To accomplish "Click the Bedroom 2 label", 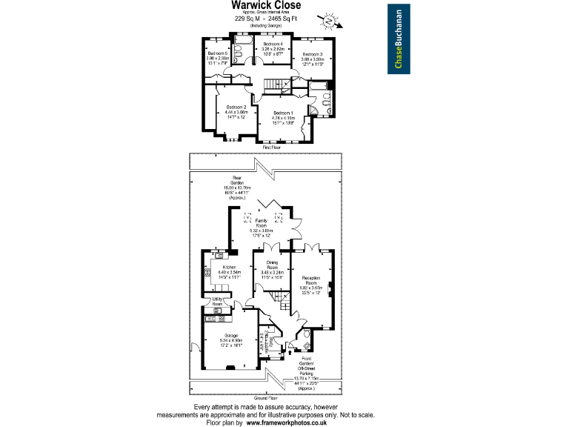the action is pos(236,107).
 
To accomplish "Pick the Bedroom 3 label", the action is pos(312,54).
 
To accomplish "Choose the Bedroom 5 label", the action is pos(218,53).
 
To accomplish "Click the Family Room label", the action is pos(262,222).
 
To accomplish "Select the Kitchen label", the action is pos(229,267).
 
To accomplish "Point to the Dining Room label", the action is pos(268,265).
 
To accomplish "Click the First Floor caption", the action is pos(272,148).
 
